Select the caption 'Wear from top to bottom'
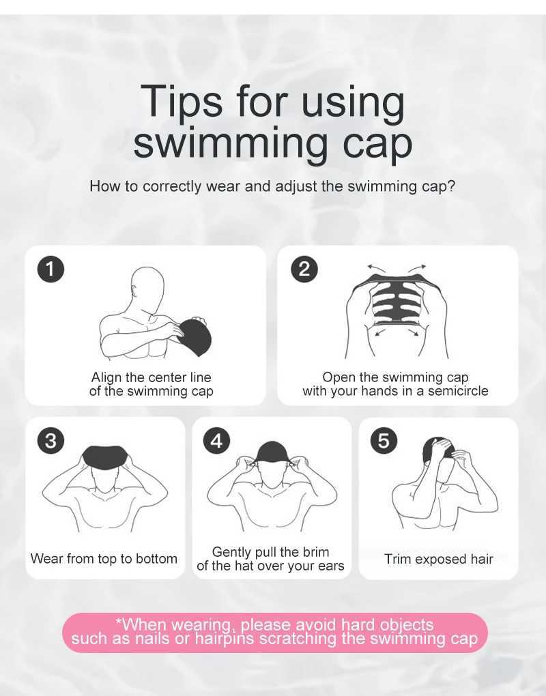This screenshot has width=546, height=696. click(x=104, y=559)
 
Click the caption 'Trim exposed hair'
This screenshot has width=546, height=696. click(x=438, y=560)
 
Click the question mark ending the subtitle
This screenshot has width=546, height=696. click(x=451, y=186)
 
